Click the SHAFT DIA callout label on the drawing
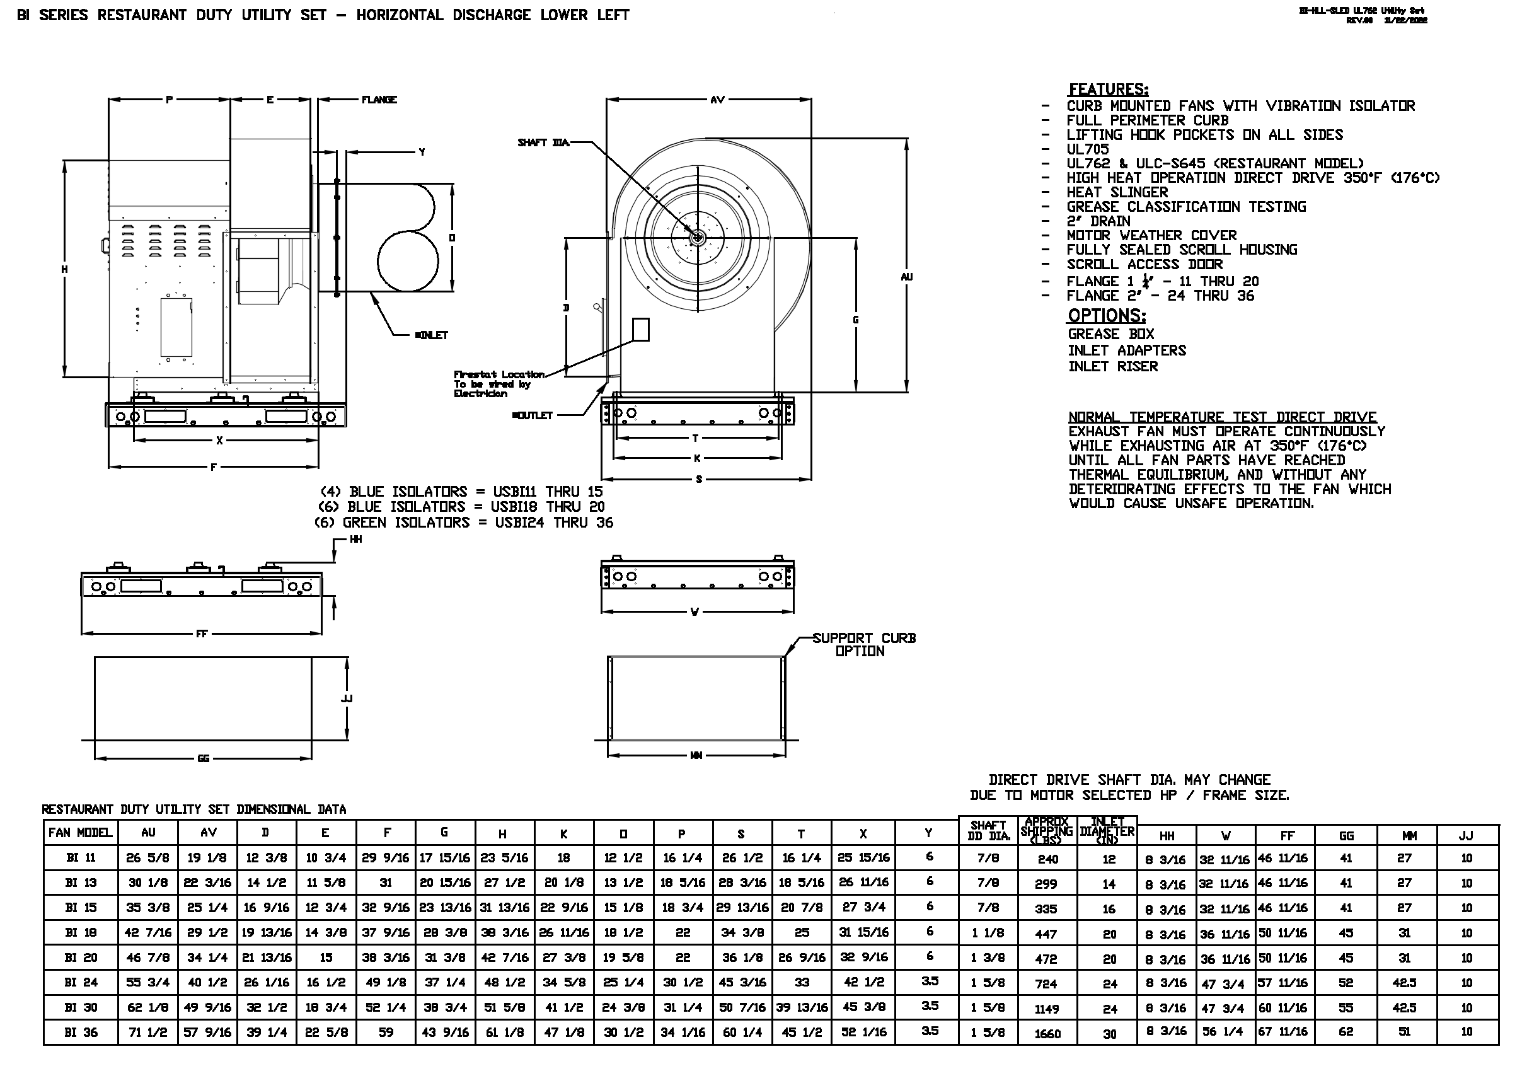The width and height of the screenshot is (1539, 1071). click(x=543, y=143)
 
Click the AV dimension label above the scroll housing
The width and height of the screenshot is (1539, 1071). click(x=717, y=100)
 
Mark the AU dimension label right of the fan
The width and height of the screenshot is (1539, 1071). click(x=906, y=276)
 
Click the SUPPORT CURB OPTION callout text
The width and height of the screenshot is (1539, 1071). click(x=863, y=644)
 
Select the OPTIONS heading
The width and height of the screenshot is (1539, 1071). click(x=1107, y=316)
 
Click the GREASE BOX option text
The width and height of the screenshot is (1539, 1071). click(x=1110, y=334)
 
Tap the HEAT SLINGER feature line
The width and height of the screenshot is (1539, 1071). click(x=1117, y=192)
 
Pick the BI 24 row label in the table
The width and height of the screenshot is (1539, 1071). click(x=81, y=983)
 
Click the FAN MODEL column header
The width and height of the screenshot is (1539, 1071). click(x=80, y=833)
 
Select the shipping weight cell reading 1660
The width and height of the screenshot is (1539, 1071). click(x=1047, y=1033)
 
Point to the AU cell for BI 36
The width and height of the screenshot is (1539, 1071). click(x=147, y=1032)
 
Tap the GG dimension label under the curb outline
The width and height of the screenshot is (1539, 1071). click(x=203, y=758)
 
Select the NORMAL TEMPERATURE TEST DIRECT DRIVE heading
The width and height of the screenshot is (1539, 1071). click(x=1222, y=417)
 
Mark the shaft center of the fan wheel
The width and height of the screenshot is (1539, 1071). click(x=698, y=237)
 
